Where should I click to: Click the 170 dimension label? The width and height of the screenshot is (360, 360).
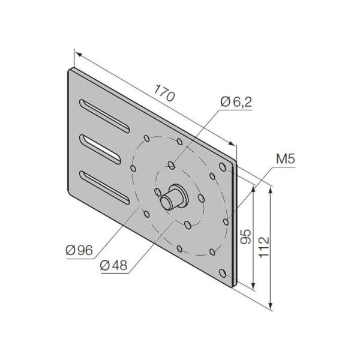pyautogui.click(x=164, y=93)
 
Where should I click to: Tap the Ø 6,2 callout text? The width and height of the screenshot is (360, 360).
pyautogui.click(x=236, y=102)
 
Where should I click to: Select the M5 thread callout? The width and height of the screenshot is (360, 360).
pyautogui.click(x=286, y=159)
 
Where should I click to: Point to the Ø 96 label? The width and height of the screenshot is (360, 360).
pyautogui.click(x=79, y=250)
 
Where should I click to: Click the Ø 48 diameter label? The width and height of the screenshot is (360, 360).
pyautogui.click(x=113, y=265)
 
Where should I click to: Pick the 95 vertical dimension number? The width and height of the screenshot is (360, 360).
pyautogui.click(x=246, y=236)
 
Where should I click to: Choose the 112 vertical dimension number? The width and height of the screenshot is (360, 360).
pyautogui.click(x=264, y=247)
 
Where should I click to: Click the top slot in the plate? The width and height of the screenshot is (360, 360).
pyautogui.click(x=104, y=116)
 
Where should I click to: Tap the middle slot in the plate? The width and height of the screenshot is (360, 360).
pyautogui.click(x=100, y=149)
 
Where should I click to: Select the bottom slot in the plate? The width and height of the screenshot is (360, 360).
pyautogui.click(x=104, y=188)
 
